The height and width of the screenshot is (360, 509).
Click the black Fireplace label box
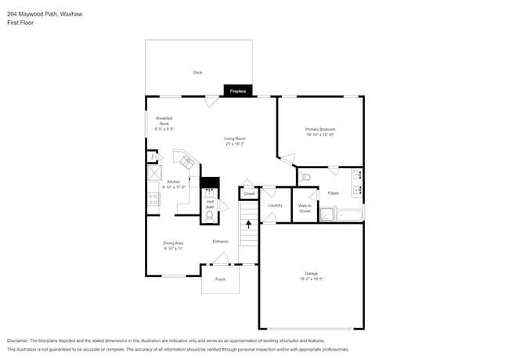(238, 91)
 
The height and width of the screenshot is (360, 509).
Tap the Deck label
(198, 73)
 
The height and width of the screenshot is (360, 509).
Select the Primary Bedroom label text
(320, 129)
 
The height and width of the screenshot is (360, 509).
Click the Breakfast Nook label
(164, 123)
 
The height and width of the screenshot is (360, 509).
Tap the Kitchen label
(173, 182)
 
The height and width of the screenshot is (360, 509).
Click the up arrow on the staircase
(249, 224)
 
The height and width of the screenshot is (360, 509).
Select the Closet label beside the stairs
(249, 193)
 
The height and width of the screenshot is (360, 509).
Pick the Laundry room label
(275, 205)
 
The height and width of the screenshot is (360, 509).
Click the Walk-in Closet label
(305, 209)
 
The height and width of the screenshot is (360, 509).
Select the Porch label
(220, 279)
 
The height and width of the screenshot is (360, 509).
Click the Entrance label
(221, 241)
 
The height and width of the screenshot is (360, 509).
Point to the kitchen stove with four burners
(153, 200)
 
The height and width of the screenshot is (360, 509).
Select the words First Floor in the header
(20, 23)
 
